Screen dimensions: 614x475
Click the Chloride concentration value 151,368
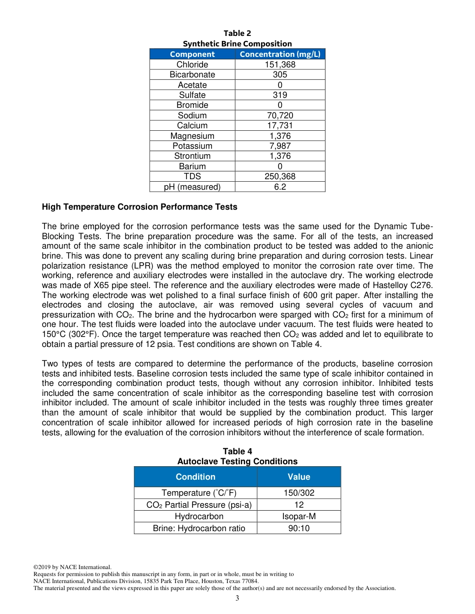(279, 64)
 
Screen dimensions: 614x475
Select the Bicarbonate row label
(192, 74)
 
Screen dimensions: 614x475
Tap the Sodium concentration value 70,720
(279, 115)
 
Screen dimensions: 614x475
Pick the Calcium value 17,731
(279, 125)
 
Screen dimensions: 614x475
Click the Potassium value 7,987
(279, 146)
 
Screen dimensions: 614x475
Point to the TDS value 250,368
(279, 176)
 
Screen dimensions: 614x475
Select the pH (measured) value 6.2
(279, 187)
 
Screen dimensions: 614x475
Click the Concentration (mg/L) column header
(279, 54)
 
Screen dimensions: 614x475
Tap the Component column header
(192, 54)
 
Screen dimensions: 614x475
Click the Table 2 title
(237, 33)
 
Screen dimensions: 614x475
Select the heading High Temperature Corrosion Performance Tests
(139, 207)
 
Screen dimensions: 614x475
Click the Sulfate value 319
(279, 95)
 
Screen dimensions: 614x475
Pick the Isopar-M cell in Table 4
(298, 516)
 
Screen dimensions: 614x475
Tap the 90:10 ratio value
(298, 528)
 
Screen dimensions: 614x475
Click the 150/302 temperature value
(298, 493)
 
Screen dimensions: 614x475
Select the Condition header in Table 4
(195, 477)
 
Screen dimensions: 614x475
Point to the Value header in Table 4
(298, 477)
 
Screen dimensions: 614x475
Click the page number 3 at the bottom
(237, 599)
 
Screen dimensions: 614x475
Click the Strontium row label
(192, 156)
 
